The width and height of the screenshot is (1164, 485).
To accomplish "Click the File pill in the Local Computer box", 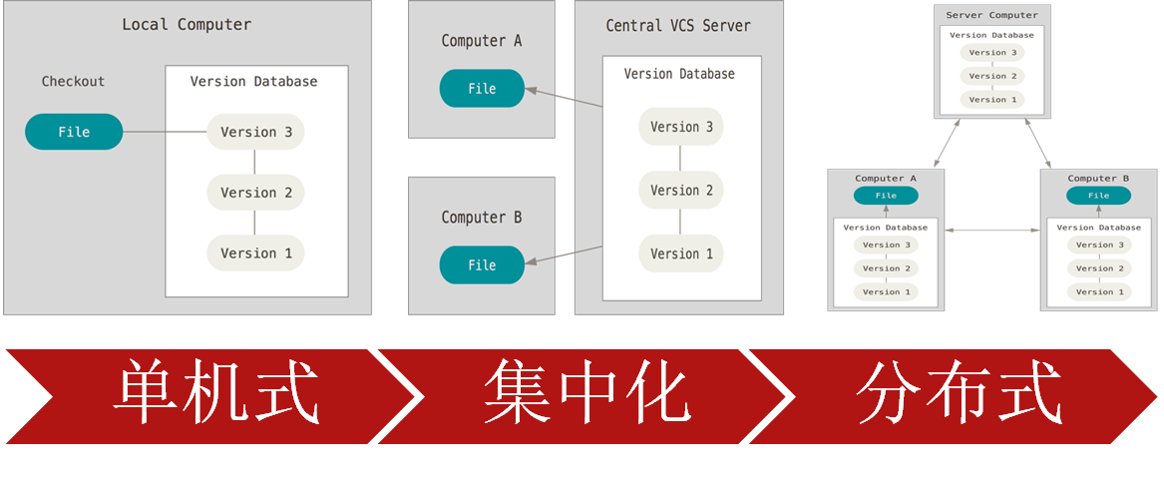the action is (74, 132).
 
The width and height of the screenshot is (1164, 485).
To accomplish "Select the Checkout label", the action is (73, 82).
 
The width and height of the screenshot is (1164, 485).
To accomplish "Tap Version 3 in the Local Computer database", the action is (255, 132).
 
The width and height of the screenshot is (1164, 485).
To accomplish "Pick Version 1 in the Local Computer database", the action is (255, 253).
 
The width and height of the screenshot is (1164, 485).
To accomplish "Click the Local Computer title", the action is (187, 24).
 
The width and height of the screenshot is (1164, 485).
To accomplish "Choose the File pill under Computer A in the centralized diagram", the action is (482, 89).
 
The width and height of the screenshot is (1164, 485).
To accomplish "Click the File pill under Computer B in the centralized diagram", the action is (482, 265).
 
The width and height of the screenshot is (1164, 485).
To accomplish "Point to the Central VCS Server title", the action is (678, 26).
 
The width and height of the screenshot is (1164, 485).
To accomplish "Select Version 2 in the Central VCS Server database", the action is (681, 191).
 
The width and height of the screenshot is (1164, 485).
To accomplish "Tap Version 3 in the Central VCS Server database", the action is (681, 127).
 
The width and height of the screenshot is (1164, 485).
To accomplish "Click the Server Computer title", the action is (991, 15).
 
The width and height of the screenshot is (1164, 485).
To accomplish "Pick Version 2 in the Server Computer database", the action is (987, 76).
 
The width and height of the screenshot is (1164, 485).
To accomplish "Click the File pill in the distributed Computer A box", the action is (886, 196).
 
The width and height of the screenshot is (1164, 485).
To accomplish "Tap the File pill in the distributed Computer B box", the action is (1098, 196).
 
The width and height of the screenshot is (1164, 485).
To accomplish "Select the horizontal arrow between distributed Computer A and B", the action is (991, 231).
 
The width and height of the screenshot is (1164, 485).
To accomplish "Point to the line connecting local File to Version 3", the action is (165, 132).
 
